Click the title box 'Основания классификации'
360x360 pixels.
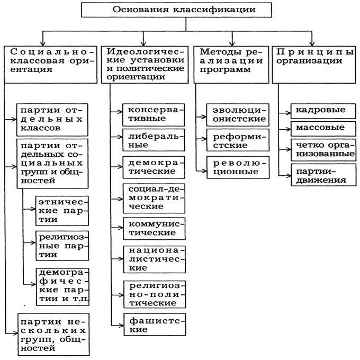(176, 10)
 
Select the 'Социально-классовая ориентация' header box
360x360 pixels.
(50, 65)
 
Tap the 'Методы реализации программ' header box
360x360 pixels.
(231, 65)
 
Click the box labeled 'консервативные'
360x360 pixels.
(154, 115)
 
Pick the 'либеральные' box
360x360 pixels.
(154, 140)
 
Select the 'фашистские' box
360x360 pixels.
(155, 325)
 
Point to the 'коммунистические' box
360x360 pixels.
(154, 229)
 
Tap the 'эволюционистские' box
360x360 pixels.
(238, 115)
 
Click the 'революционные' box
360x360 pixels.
(238, 167)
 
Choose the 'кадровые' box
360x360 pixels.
(323, 111)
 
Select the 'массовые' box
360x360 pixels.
(323, 129)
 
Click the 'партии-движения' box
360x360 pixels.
(323, 175)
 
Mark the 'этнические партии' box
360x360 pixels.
(62, 211)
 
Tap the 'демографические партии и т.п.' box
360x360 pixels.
(62, 287)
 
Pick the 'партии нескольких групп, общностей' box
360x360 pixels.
(53, 334)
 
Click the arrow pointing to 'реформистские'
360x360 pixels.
(201, 139)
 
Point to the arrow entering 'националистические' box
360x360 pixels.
(118, 259)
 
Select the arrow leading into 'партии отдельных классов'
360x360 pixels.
(11, 120)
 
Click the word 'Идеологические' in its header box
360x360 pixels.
(146, 52)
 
